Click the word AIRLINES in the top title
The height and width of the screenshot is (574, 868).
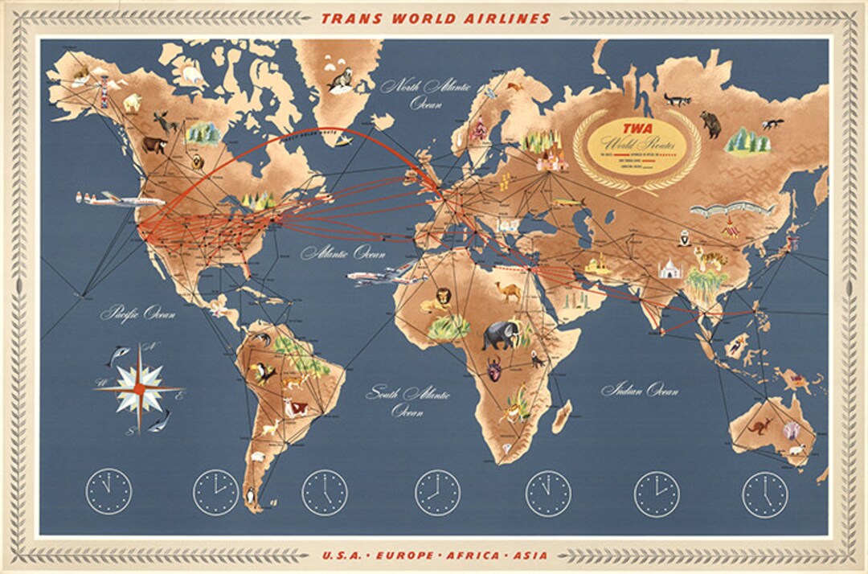coord(510,18)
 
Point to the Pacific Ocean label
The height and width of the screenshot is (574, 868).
coord(137,314)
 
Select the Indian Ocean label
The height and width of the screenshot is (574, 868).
coord(639,391)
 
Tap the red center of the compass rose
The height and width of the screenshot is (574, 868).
coord(139,388)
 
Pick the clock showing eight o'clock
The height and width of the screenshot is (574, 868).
coord(437,493)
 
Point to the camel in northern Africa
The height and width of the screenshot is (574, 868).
coord(508,291)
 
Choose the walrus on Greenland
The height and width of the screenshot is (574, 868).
coord(341,79)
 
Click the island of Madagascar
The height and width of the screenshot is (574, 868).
coord(563,416)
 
